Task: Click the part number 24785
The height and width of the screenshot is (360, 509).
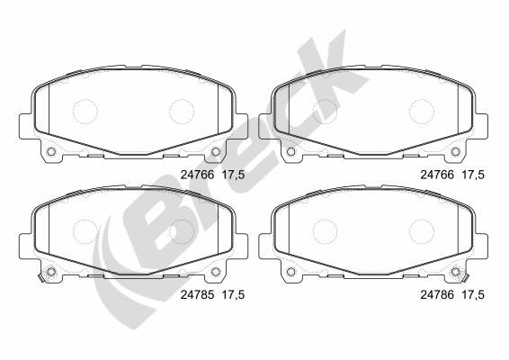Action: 197,294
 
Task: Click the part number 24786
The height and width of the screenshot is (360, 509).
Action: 437,294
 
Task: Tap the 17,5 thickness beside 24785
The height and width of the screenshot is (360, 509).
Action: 233,294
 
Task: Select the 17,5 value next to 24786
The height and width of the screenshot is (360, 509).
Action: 473,294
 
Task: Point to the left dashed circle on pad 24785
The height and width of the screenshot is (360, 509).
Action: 85,231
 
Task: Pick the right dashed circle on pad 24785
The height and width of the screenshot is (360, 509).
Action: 182,231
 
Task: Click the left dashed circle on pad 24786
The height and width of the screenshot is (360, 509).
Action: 325,231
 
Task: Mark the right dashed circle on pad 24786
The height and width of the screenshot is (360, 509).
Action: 422,231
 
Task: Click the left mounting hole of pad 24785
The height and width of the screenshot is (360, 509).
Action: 51,271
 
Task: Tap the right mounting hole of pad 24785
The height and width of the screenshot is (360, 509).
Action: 216,271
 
